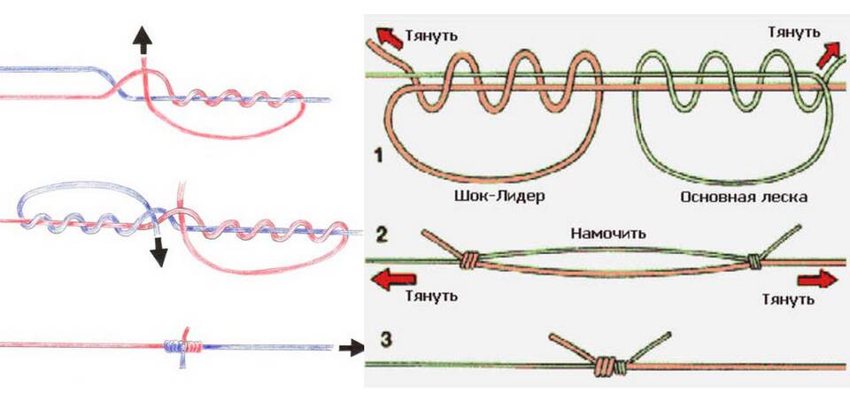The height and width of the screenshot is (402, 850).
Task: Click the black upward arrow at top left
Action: [x=142, y=40]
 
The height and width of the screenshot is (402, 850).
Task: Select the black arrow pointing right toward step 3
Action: [x=352, y=347]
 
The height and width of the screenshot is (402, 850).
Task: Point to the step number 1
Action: [x=378, y=158]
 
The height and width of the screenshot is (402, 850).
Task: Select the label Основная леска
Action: [x=743, y=197]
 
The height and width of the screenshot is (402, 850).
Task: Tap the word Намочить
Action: [x=608, y=235]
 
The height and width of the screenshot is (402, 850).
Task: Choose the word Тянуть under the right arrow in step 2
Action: [x=788, y=299]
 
